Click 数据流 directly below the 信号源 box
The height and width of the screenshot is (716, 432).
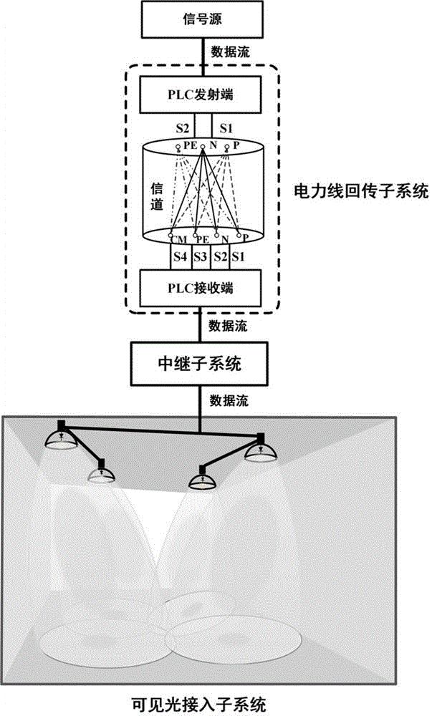tap(229, 52)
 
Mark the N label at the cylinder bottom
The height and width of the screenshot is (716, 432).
tap(224, 238)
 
